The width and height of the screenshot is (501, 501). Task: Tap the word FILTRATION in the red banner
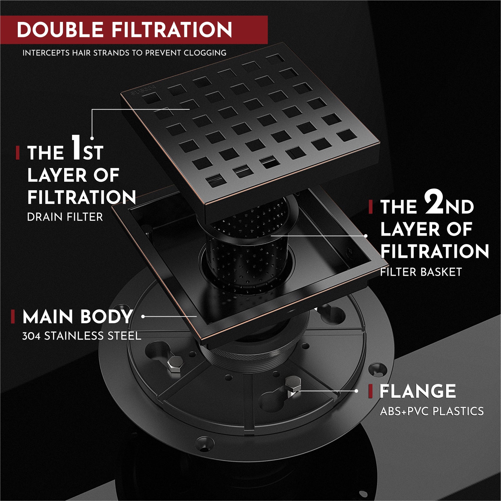pos(172,30)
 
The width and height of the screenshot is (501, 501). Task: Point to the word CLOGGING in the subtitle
pos(205,53)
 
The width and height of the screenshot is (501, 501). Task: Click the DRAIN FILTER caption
pos(65,217)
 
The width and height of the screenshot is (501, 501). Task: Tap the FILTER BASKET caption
pos(421,272)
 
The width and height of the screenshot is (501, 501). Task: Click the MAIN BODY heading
pos(77,317)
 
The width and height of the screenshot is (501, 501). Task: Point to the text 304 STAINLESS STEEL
pos(81,336)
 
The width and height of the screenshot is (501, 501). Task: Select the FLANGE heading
pos(417,391)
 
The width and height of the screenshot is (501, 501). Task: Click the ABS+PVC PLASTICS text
pos(432,411)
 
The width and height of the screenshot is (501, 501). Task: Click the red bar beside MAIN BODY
pos(13,317)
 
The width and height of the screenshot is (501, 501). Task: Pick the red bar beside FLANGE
pos(371,391)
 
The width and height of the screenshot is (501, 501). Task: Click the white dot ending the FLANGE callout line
pos(356,391)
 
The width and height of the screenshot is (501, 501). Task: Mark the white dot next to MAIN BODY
pos(143,317)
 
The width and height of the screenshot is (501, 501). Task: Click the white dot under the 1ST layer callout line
pos(92,138)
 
